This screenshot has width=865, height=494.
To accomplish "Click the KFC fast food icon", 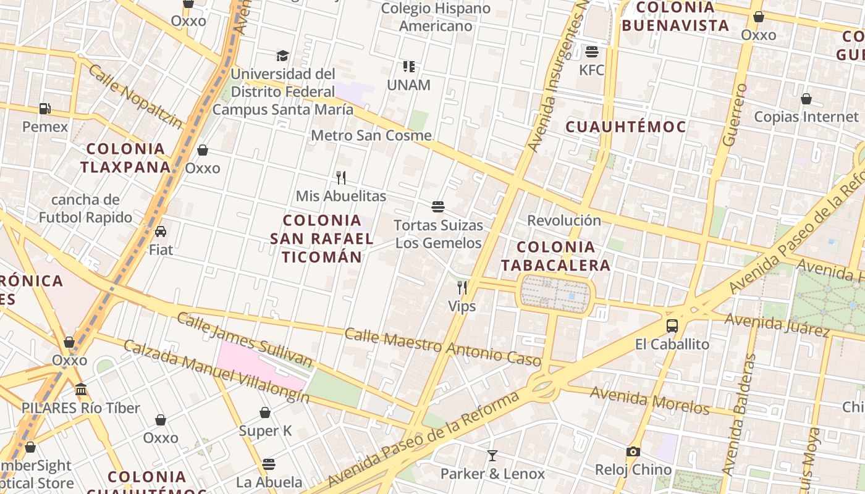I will pos(592,51).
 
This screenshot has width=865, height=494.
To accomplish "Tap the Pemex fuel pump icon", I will pos(44,109).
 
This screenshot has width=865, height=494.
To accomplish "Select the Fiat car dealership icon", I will pos(161,232).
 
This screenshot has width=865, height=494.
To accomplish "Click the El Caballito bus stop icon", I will pos(672,325).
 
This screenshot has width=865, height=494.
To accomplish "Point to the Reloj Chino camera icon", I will pos(633,451).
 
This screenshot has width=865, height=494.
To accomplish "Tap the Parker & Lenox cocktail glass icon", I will pos(492,456).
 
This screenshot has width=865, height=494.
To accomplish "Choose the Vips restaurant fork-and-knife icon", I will pos(462,287).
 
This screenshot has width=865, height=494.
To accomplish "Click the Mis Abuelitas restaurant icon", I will pos(341,178).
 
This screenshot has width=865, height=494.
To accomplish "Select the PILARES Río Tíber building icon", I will pos(81,390).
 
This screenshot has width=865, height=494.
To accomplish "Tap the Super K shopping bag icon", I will pos(265,412).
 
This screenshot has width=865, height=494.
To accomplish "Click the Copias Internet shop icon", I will pos(806,99).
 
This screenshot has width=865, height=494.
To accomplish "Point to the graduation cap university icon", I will pos(282,56).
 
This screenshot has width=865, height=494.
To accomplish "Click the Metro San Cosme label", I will pos(371,135).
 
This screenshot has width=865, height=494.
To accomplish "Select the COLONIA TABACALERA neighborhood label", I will pos(555,256).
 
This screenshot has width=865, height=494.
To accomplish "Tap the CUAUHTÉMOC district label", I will pos(626,127).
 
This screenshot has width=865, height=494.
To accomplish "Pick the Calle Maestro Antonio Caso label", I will pos(442,346).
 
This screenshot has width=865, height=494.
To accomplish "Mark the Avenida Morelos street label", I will pos(649,400).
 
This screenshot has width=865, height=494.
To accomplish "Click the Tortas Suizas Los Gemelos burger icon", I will pos(438,207).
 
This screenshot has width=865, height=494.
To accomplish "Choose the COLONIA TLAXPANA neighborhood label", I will pos(125,158).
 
